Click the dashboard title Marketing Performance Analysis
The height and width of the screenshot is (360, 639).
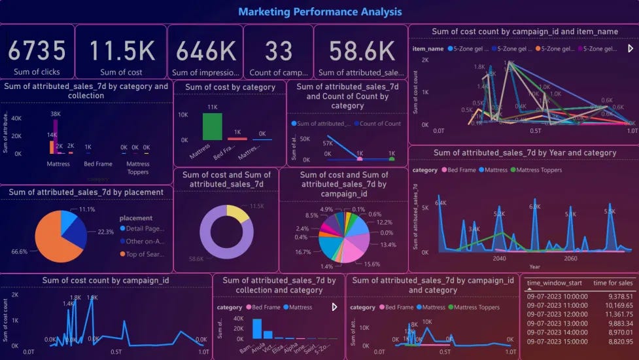pyautogui.click(x=320, y=12)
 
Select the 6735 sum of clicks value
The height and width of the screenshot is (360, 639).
pyautogui.click(x=37, y=50)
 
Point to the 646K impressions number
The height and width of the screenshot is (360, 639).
pyautogui.click(x=206, y=50)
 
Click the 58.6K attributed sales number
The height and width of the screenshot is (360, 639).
pyautogui.click(x=362, y=50)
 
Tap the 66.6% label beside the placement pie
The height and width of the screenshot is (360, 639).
pyautogui.click(x=20, y=251)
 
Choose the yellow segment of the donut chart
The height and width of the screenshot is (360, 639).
pyautogui.click(x=239, y=213)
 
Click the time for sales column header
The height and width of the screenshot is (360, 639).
pyautogui.click(x=613, y=282)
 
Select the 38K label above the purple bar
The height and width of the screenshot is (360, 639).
pyautogui.click(x=56, y=113)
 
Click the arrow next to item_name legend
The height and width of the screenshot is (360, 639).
pyautogui.click(x=630, y=48)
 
